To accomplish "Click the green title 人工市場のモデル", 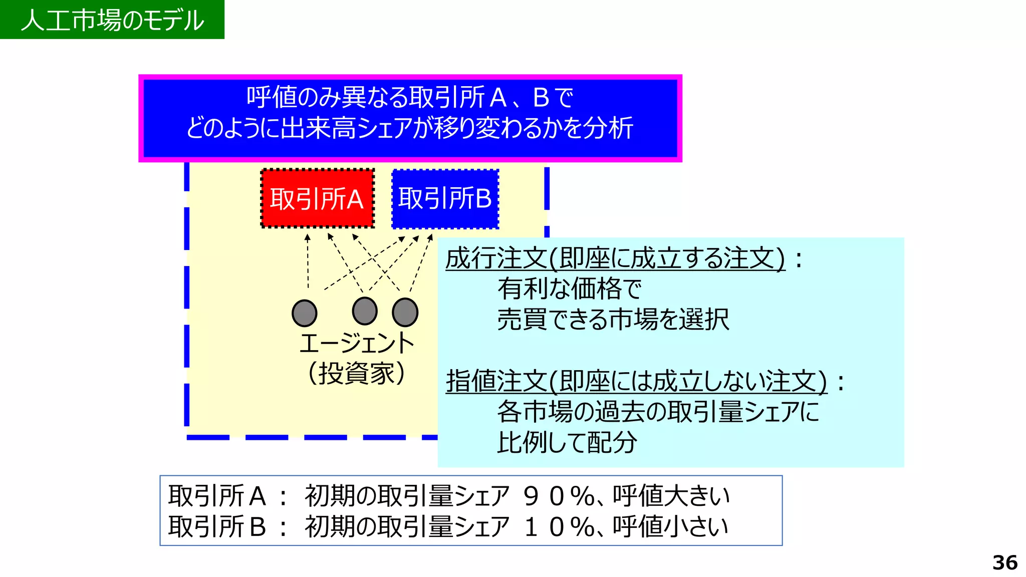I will [x=112, y=20].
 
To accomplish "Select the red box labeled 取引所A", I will [x=317, y=199].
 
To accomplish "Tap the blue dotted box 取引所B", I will [x=445, y=199].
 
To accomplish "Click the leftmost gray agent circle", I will [x=305, y=313].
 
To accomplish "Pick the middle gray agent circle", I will [x=365, y=311].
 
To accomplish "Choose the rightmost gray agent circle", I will [x=405, y=312].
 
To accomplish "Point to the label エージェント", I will [x=357, y=344].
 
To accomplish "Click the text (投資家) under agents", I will [x=357, y=374].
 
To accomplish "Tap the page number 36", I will [x=1004, y=562].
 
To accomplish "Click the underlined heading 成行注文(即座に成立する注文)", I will [x=615, y=259].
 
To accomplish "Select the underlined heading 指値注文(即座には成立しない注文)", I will [x=636, y=381].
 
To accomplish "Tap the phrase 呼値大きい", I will [x=671, y=496].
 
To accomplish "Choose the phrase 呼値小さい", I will [x=670, y=527].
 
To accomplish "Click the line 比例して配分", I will [x=567, y=443].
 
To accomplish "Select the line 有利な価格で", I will [x=569, y=289].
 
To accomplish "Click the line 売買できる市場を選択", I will [x=613, y=320].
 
